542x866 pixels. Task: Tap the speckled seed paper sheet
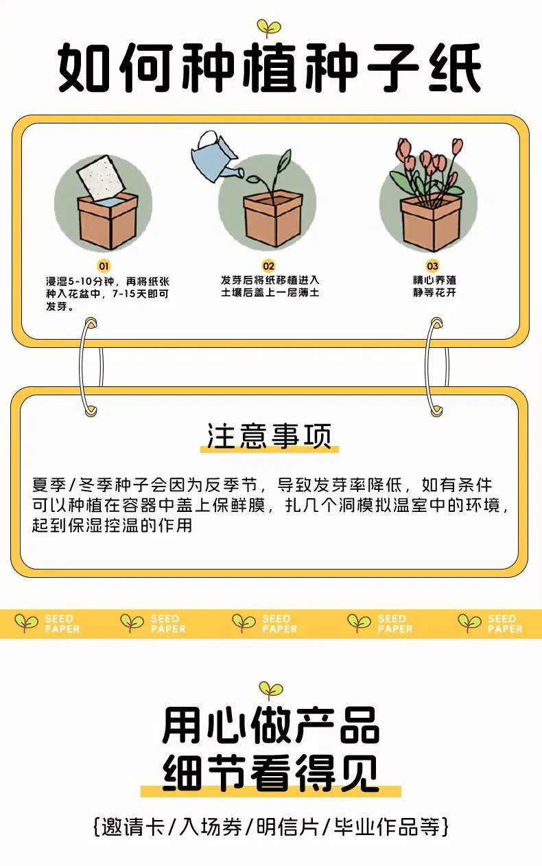click(102, 177)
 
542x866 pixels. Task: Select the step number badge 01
click(104, 266)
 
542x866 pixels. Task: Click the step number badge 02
click(268, 266)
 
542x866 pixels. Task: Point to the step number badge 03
click(432, 266)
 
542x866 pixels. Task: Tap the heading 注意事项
click(270, 436)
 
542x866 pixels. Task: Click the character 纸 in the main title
click(455, 68)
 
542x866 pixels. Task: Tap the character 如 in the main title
click(84, 68)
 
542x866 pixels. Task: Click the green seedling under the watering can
click(272, 176)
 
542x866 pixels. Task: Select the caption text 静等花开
click(434, 292)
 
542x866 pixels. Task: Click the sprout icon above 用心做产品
click(270, 690)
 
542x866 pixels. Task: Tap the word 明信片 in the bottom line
click(287, 828)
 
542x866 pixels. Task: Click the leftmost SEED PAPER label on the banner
click(62, 624)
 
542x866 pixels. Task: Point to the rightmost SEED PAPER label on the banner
click(505, 624)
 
